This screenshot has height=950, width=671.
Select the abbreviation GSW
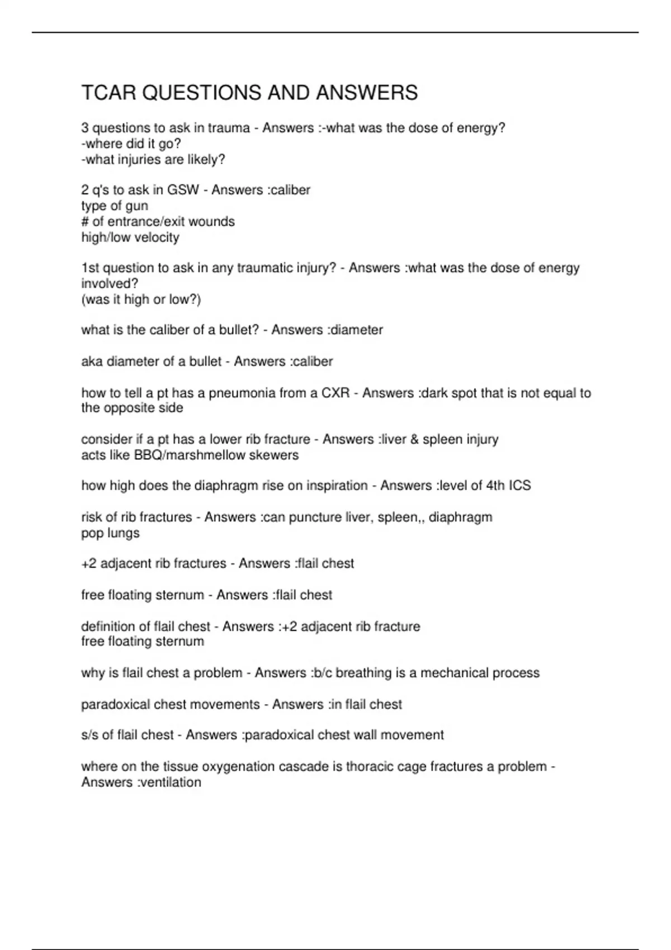(x=183, y=190)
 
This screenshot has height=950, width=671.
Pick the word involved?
(x=110, y=283)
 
